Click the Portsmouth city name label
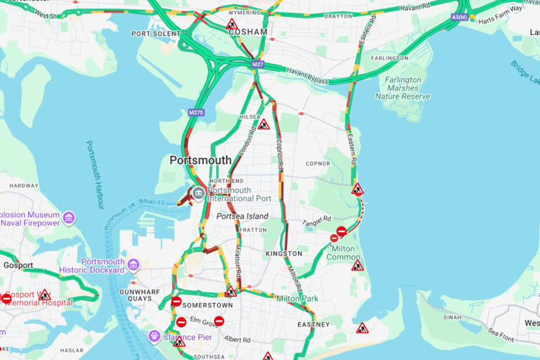pos(200,160)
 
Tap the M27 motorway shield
pos(258,65)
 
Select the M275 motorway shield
pos(195,112)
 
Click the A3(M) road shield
pos(459,16)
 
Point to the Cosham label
pos(248,32)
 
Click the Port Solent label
pos(155,34)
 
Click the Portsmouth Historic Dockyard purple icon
pos(133,264)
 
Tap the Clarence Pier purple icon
pos(154,336)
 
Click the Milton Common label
pos(342,252)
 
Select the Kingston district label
pos(284,253)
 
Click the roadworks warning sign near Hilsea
pos(264,125)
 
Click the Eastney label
pos(313,324)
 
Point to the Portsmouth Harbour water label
pos(95,174)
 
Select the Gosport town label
pos(18,265)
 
